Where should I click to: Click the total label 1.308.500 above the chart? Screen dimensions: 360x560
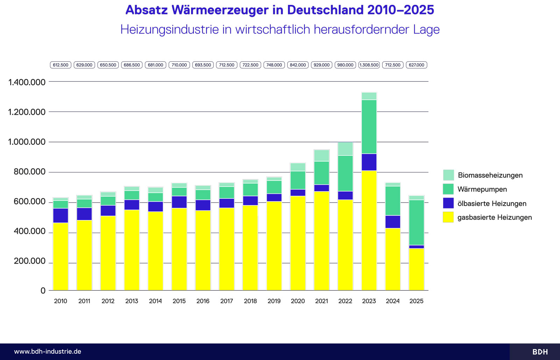pos(369,65)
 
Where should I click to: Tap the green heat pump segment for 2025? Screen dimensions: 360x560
pos(416,223)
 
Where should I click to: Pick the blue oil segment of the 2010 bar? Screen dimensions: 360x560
pos(61,216)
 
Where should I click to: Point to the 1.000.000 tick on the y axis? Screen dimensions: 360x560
pos(27,142)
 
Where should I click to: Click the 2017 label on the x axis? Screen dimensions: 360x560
pos(226,301)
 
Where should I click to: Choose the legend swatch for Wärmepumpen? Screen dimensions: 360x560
pos(448,189)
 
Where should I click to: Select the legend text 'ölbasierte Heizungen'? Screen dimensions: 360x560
pos(492,204)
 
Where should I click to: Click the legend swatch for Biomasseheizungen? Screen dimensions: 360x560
pos(448,175)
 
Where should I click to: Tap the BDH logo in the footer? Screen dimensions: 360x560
pos(540,352)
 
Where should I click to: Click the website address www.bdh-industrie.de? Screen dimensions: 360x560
pos(48,352)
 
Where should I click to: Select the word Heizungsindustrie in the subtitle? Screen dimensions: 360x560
pos(169,30)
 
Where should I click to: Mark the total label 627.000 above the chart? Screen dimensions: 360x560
pos(416,65)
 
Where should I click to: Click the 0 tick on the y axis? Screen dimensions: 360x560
pos(43,291)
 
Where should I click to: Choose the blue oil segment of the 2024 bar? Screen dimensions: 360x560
pos(393,222)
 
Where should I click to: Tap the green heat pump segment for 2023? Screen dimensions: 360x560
pos(369,127)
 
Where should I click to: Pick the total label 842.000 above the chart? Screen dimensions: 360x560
pos(298,65)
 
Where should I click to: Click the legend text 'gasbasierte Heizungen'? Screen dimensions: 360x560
pos(495,218)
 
